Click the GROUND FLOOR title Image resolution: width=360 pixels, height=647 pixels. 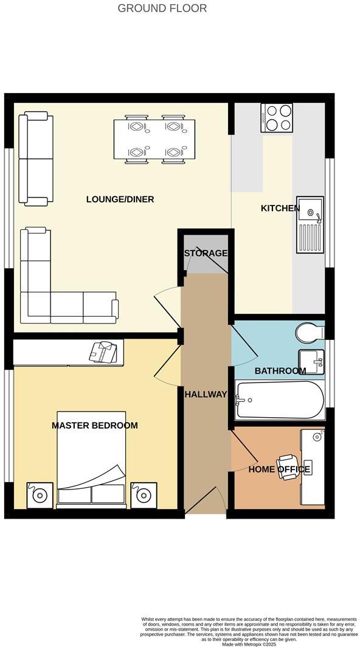click(x=162, y=9)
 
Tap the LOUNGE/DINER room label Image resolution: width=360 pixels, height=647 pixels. click(x=120, y=199)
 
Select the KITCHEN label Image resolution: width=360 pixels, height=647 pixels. click(x=280, y=209)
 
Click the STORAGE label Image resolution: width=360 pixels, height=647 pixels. click(x=206, y=253)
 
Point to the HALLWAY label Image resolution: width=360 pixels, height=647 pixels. click(x=206, y=395)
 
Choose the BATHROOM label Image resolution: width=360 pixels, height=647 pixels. click(x=280, y=371)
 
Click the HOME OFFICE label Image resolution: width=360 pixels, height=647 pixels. click(x=280, y=469)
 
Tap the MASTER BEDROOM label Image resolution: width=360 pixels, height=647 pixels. click(x=94, y=426)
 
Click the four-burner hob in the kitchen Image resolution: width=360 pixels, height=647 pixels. click(x=277, y=117)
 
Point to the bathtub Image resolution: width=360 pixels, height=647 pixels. click(x=280, y=400)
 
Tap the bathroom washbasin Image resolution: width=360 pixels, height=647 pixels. click(x=311, y=362)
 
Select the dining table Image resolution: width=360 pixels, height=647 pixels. click(x=154, y=139)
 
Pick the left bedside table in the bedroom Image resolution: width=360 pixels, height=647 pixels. click(x=40, y=495)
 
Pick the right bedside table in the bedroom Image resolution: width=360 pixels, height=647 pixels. click(x=143, y=495)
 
